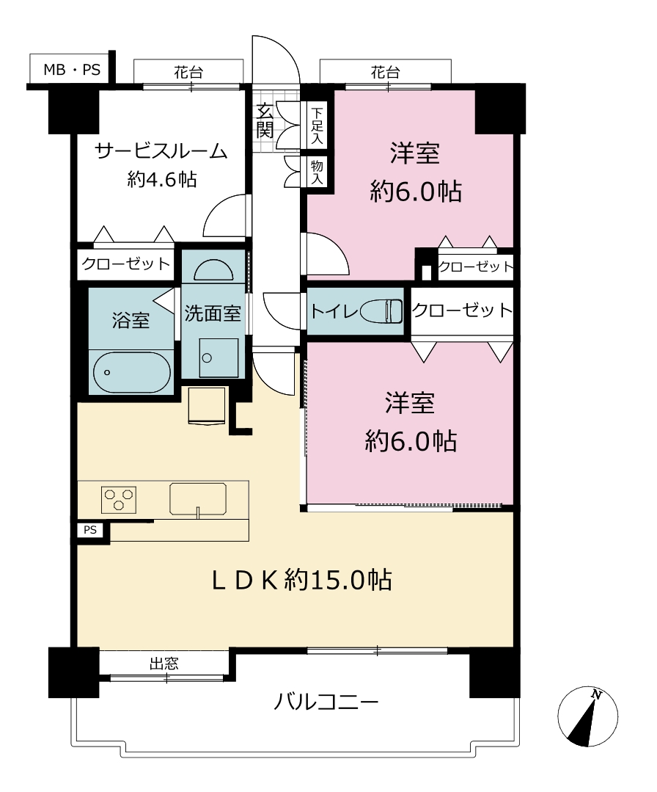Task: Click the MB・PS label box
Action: (70, 68)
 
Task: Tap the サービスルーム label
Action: (161, 151)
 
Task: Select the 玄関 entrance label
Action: (265, 120)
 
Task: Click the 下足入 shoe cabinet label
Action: (317, 126)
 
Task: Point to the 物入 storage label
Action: (317, 172)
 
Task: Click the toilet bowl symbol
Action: (381, 311)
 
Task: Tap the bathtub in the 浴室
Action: (132, 372)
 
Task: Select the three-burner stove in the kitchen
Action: (119, 499)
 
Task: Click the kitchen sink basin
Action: (198, 499)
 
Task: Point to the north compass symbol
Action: (588, 716)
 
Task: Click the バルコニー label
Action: (326, 702)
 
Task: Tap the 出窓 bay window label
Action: (164, 664)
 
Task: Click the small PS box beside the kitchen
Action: (90, 530)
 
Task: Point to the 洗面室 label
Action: (213, 313)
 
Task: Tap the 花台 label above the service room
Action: (188, 73)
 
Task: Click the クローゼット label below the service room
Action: (125, 264)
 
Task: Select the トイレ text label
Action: (334, 311)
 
